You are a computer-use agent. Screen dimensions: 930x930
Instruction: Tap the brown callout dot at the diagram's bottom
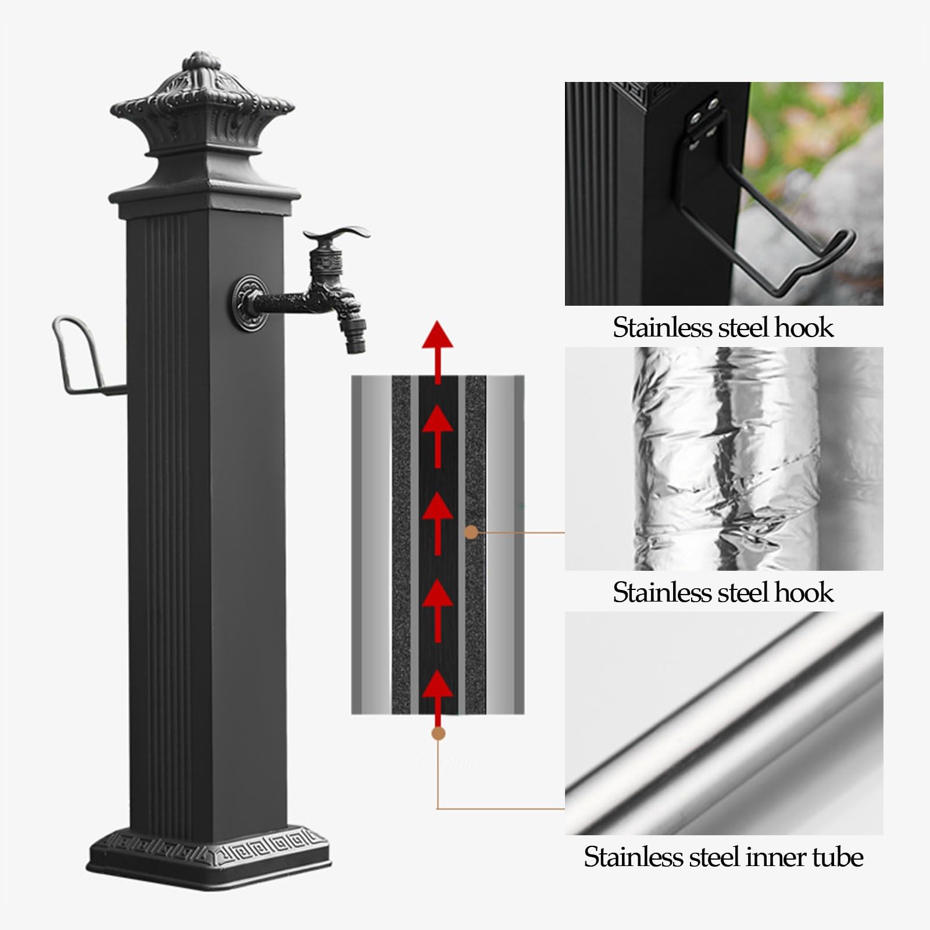(x=438, y=734)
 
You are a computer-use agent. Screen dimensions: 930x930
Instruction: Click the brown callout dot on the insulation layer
(x=472, y=532)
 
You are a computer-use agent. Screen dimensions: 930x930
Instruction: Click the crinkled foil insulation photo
(x=724, y=459)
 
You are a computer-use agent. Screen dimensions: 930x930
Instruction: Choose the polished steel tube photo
(x=724, y=723)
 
